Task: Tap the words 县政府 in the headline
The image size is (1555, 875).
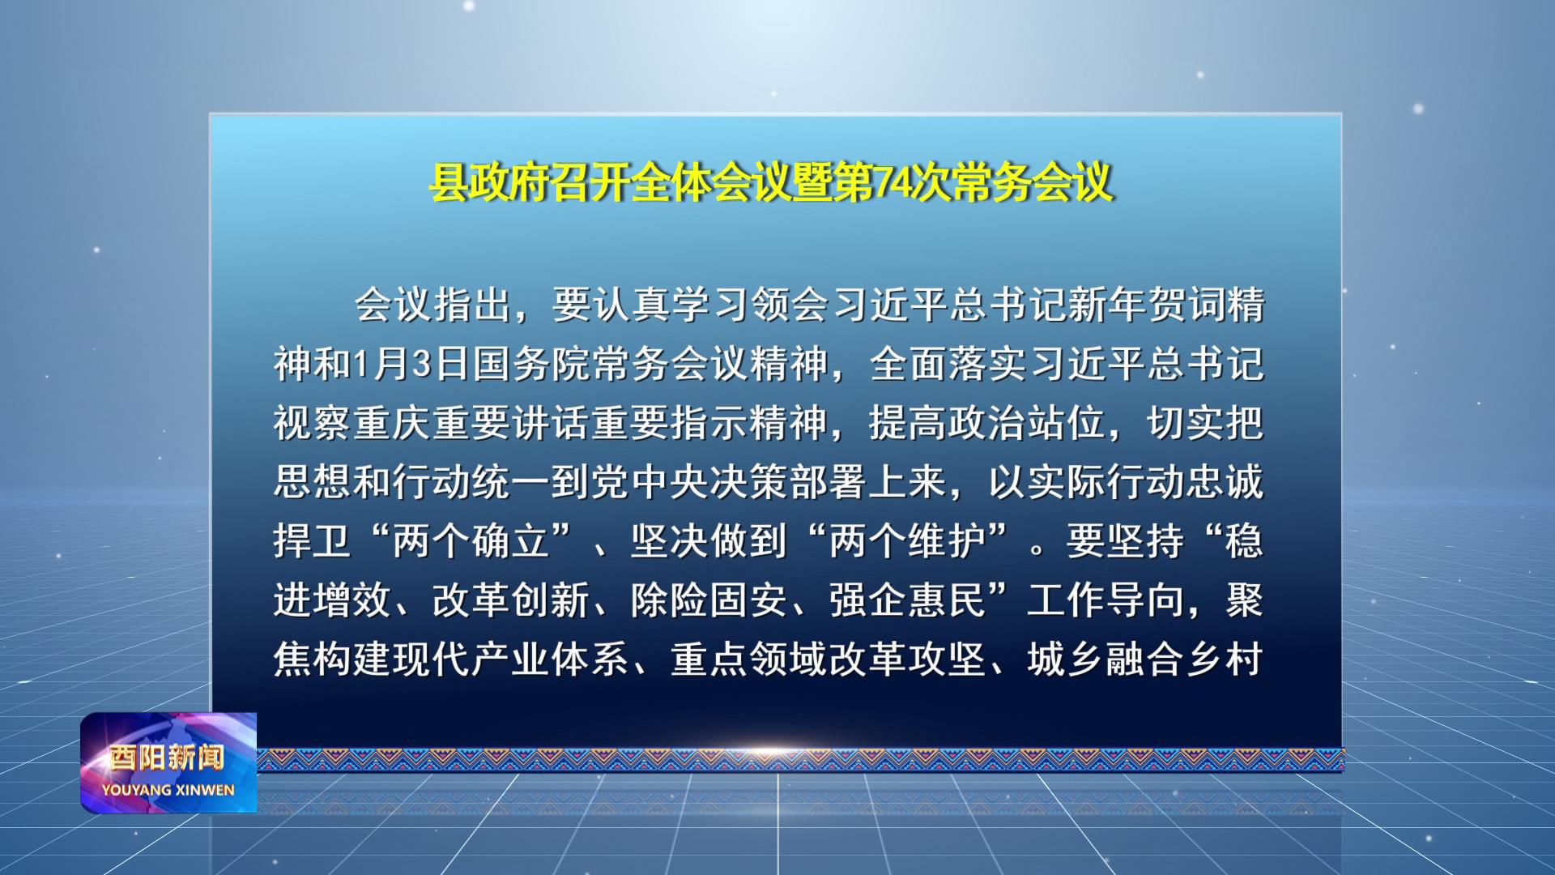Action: [x=489, y=182]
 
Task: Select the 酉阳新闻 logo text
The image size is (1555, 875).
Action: [x=168, y=758]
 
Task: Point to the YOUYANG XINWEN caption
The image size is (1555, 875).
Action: [x=168, y=790]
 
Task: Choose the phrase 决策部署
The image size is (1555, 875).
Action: [x=789, y=482]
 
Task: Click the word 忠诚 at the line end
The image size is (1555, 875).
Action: [x=1225, y=482]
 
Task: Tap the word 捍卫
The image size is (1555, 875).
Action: [x=312, y=541]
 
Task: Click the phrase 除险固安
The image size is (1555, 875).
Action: [x=709, y=600]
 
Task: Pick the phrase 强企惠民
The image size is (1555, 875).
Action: [x=907, y=600]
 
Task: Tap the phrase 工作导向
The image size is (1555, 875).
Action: [x=1106, y=600]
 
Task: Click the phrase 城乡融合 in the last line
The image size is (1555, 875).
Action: [x=1106, y=659]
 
